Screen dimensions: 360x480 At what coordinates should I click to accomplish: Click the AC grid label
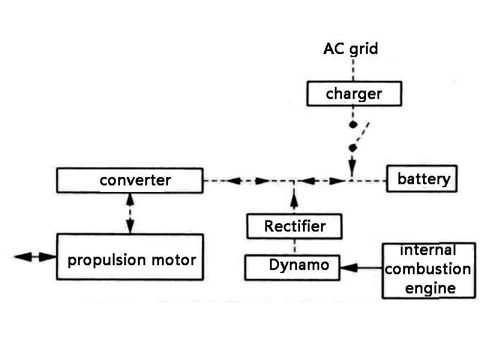tap(351, 49)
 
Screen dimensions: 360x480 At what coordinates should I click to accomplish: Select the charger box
tap(354, 94)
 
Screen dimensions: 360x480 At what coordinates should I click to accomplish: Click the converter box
tap(129, 181)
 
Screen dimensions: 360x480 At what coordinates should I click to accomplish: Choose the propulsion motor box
tap(129, 260)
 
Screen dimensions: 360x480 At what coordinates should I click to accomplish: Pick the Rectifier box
tap(295, 226)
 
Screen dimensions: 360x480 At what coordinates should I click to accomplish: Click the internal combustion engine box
tap(427, 269)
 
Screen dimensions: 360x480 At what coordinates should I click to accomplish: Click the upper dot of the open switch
tap(353, 125)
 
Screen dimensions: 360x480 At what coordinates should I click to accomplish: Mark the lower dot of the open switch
tap(353, 147)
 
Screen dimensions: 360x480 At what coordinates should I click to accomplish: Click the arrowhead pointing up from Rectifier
tap(294, 192)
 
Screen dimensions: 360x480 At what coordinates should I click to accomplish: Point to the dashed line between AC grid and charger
tap(353, 69)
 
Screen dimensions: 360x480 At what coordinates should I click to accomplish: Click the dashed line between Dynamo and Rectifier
tap(294, 247)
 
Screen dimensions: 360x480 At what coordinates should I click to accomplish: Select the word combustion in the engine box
tap(427, 269)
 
